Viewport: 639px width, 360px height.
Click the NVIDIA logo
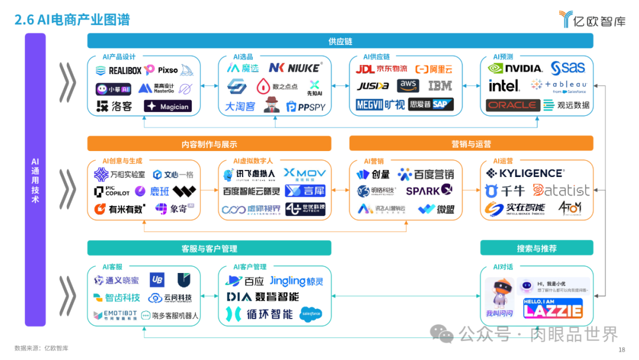click(x=515, y=68)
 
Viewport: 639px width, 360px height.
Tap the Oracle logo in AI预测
click(x=512, y=105)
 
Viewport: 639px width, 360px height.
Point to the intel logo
click(x=504, y=86)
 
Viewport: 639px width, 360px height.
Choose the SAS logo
click(x=567, y=67)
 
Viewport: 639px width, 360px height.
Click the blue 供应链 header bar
click(x=340, y=41)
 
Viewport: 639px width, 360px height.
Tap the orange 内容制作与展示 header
click(x=209, y=144)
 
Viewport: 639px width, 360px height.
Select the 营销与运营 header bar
click(x=471, y=144)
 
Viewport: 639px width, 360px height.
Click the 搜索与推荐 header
click(x=536, y=248)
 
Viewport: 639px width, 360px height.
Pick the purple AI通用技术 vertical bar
click(x=35, y=180)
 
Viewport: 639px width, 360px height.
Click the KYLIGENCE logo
click(x=525, y=173)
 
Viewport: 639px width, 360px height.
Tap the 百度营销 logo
click(x=426, y=174)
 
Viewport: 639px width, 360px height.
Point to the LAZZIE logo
click(x=552, y=308)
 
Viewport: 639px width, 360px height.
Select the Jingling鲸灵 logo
click(x=296, y=281)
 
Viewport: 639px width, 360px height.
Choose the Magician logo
click(x=168, y=106)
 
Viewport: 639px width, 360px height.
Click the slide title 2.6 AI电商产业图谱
click(x=72, y=20)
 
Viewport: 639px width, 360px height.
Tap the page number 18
click(x=621, y=350)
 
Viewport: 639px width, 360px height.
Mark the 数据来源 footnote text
click(x=41, y=348)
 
